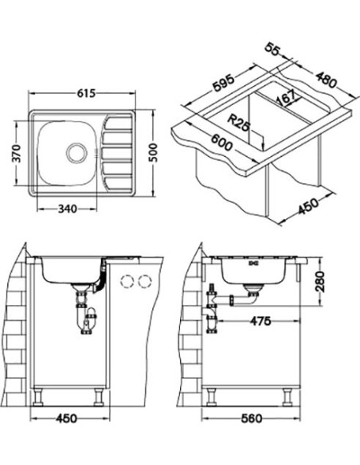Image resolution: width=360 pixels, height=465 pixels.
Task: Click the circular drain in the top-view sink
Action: [76, 150]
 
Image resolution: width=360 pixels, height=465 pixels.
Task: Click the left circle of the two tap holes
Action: [127, 281]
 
